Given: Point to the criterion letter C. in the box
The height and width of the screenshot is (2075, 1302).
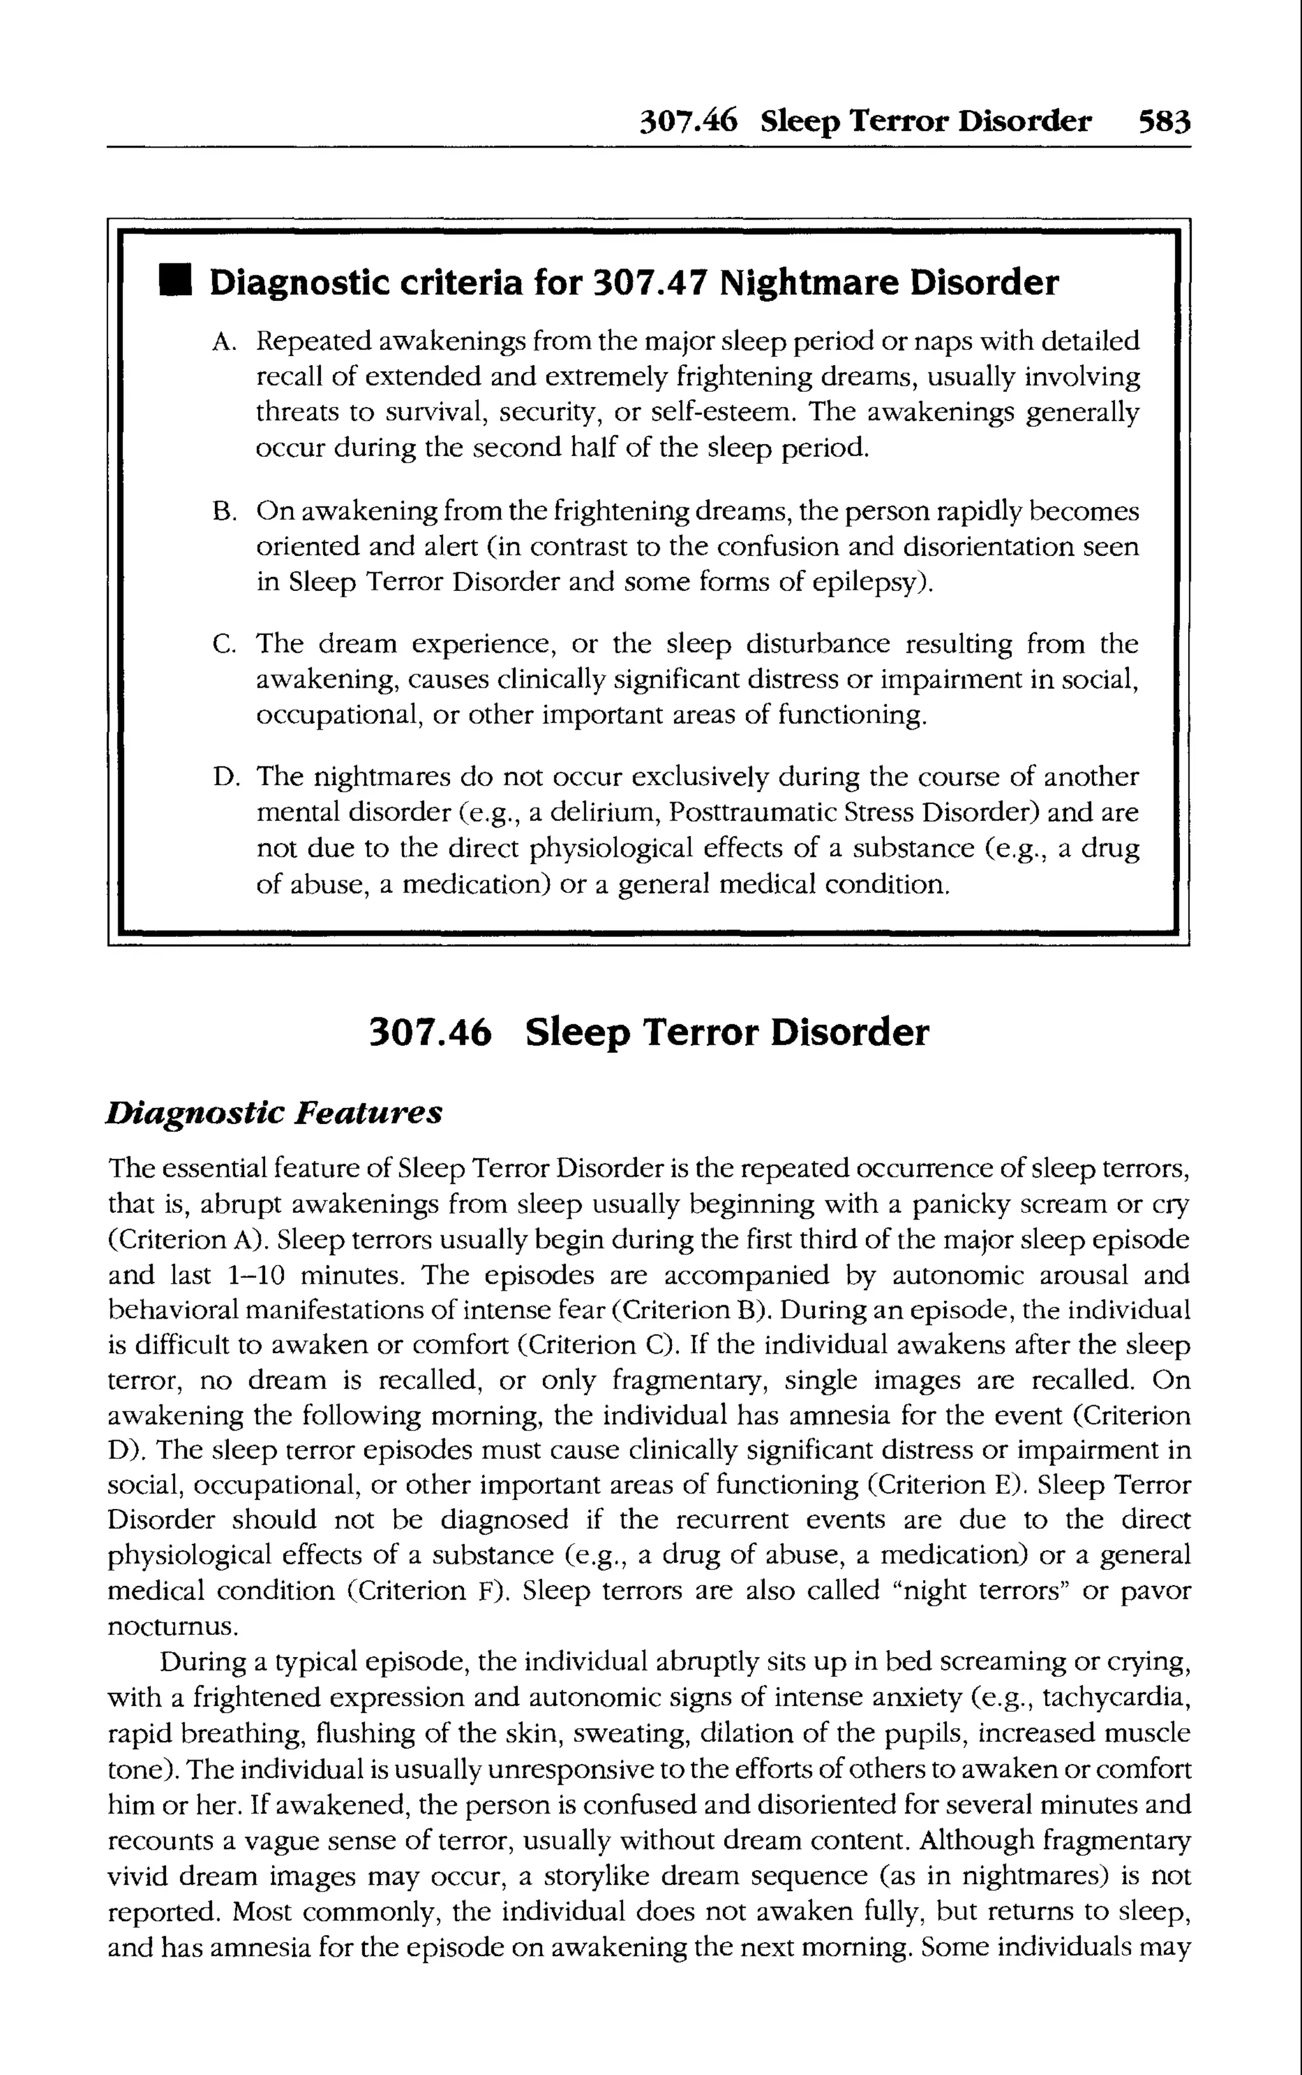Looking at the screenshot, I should tap(223, 645).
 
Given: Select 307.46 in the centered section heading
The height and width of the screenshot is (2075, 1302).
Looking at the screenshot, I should tap(430, 1032).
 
